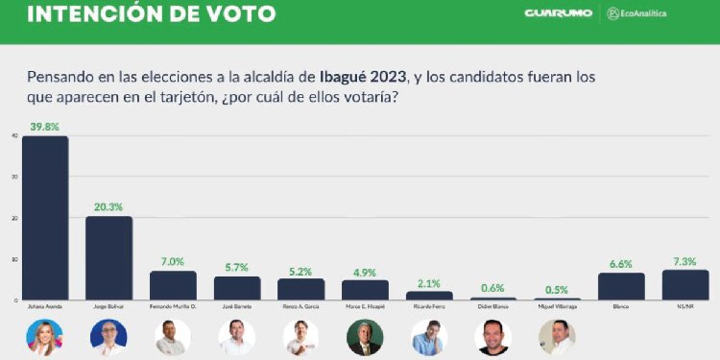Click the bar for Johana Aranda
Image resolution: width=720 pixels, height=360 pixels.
[x=45, y=218]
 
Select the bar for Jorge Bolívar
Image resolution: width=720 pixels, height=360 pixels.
[x=108, y=258]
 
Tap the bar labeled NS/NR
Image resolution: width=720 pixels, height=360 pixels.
[x=684, y=285]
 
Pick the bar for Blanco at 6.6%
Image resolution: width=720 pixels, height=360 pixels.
[x=621, y=286]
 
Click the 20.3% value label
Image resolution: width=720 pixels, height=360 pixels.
[x=108, y=204]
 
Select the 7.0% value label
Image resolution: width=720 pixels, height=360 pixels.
[x=173, y=260]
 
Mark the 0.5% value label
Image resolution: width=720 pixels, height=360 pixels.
[x=557, y=288]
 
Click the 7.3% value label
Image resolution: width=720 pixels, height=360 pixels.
[x=684, y=259]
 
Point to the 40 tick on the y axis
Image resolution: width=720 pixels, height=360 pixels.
[x=13, y=135]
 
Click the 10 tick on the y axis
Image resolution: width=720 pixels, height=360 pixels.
[x=13, y=259]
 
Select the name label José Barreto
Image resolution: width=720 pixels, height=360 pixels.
[x=236, y=306]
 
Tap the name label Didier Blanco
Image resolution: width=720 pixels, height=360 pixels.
[x=493, y=306]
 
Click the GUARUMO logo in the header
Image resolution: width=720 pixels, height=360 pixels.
[x=557, y=13]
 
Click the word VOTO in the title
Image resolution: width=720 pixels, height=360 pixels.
[x=231, y=14]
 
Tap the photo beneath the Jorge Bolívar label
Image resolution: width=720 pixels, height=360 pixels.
[x=108, y=336]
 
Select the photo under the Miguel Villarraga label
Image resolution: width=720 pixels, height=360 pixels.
[x=557, y=336]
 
